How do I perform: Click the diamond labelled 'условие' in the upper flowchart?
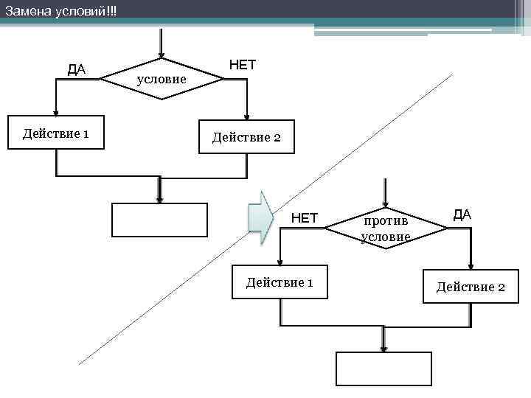[x=161, y=77]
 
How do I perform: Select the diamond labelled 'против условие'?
[x=386, y=228]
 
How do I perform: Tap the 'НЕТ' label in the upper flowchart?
[x=243, y=65]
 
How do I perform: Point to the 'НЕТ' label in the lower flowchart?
[x=304, y=217]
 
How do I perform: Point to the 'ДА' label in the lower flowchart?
[x=462, y=214]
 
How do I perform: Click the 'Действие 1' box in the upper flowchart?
[x=56, y=133]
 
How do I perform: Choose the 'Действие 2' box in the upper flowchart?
[x=246, y=136]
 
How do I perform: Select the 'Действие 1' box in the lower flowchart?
[x=280, y=282]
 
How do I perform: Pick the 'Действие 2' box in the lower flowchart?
[x=471, y=286]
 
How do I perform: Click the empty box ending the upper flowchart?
[x=159, y=219]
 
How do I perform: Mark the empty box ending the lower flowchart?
[x=383, y=369]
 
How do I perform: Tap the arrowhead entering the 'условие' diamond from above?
[x=161, y=55]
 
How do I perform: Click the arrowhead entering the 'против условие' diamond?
[x=384, y=203]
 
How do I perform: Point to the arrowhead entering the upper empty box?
[x=159, y=198]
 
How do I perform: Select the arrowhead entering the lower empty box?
[x=383, y=347]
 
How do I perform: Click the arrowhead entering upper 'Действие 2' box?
[x=247, y=116]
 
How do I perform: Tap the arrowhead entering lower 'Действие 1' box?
[x=279, y=263]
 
